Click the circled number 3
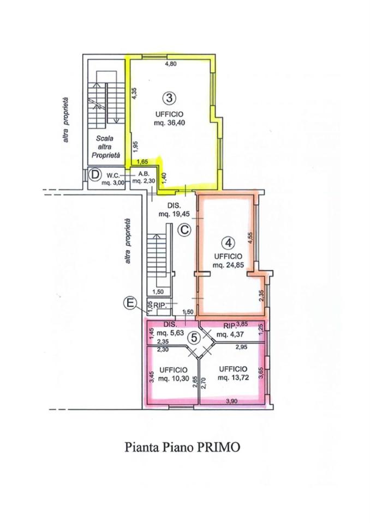pyautogui.click(x=170, y=98)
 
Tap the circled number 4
pyautogui.click(x=229, y=243)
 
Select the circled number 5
pyautogui.click(x=194, y=338)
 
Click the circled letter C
pyautogui.click(x=184, y=229)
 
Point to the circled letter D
pyautogui.click(x=96, y=174)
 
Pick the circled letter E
pyautogui.click(x=130, y=303)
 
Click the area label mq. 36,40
pyautogui.click(x=170, y=123)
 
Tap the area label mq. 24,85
pyautogui.click(x=228, y=265)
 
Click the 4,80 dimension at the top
pyautogui.click(x=171, y=64)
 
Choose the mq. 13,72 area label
pyautogui.click(x=233, y=378)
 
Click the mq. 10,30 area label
pyautogui.click(x=174, y=379)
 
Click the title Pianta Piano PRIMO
pyautogui.click(x=182, y=447)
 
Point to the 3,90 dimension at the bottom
pyautogui.click(x=231, y=402)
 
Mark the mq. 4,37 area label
pyautogui.click(x=230, y=335)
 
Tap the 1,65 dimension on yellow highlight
pyautogui.click(x=142, y=162)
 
